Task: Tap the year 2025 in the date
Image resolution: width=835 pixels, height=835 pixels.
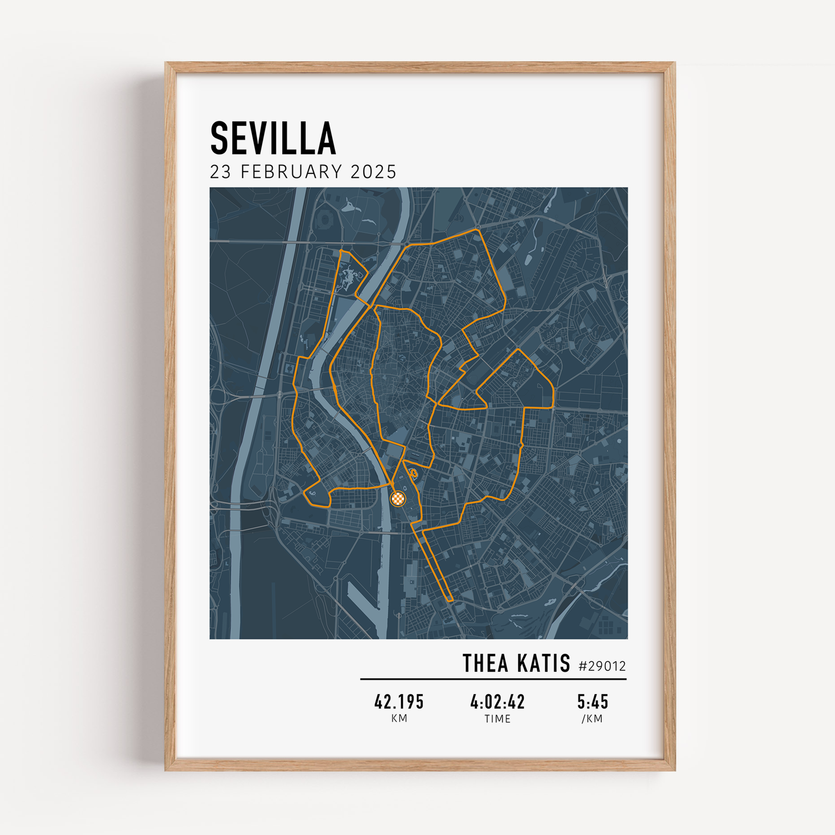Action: [373, 172]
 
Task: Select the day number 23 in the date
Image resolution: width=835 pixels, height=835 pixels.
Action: [220, 172]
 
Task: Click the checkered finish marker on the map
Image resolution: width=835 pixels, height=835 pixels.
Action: [398, 499]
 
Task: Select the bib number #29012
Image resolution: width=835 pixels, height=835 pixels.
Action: [602, 666]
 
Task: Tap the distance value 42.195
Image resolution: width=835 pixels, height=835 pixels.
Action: [399, 702]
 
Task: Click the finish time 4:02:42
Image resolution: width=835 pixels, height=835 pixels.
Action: [498, 702]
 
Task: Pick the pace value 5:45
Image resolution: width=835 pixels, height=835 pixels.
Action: [592, 702]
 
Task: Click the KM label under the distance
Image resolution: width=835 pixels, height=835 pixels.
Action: [399, 719]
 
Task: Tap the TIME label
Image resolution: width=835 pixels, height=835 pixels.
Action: [498, 719]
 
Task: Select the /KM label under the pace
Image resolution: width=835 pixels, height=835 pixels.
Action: [592, 719]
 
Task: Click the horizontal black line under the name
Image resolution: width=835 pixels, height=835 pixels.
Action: [493, 679]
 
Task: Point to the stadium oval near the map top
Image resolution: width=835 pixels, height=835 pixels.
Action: [325, 220]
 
